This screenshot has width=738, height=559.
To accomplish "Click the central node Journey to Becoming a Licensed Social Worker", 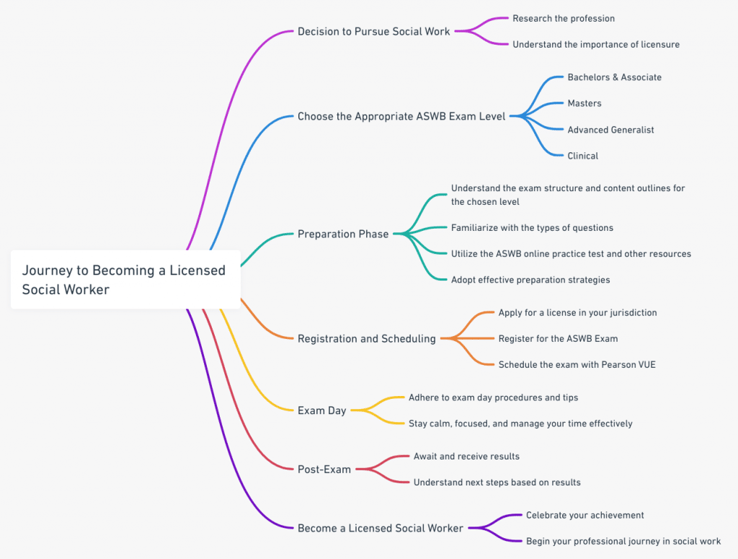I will [x=124, y=279].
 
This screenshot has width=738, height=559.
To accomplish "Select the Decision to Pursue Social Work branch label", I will [x=373, y=32].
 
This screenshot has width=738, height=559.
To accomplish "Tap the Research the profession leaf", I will [x=564, y=18].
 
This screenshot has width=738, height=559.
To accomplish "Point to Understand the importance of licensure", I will [x=596, y=45].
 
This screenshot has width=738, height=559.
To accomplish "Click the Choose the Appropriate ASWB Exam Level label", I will [x=401, y=116].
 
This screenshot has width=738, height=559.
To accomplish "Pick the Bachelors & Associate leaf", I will [x=614, y=77].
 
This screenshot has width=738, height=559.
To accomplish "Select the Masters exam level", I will [x=584, y=103].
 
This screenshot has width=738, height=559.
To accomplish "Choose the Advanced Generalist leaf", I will [x=610, y=130].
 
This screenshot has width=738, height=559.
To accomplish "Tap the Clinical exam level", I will [x=582, y=156].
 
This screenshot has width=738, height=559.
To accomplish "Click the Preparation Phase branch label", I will [x=343, y=234].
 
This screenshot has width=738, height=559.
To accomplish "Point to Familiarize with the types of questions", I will [x=532, y=228].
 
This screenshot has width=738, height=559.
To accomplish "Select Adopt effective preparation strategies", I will [x=530, y=280].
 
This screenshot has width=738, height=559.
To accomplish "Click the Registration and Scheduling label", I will [x=367, y=338].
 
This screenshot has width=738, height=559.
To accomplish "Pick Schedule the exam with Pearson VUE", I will [x=577, y=365].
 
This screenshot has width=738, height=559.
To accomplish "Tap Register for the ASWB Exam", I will [x=558, y=338].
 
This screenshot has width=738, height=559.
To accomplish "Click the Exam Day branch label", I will [x=322, y=410].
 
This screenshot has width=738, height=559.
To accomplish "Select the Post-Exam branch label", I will [x=324, y=470].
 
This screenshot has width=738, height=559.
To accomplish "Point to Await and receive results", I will [x=466, y=457].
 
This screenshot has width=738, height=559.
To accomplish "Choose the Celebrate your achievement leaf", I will [x=584, y=515].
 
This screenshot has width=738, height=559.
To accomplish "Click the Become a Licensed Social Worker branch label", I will [x=381, y=528].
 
